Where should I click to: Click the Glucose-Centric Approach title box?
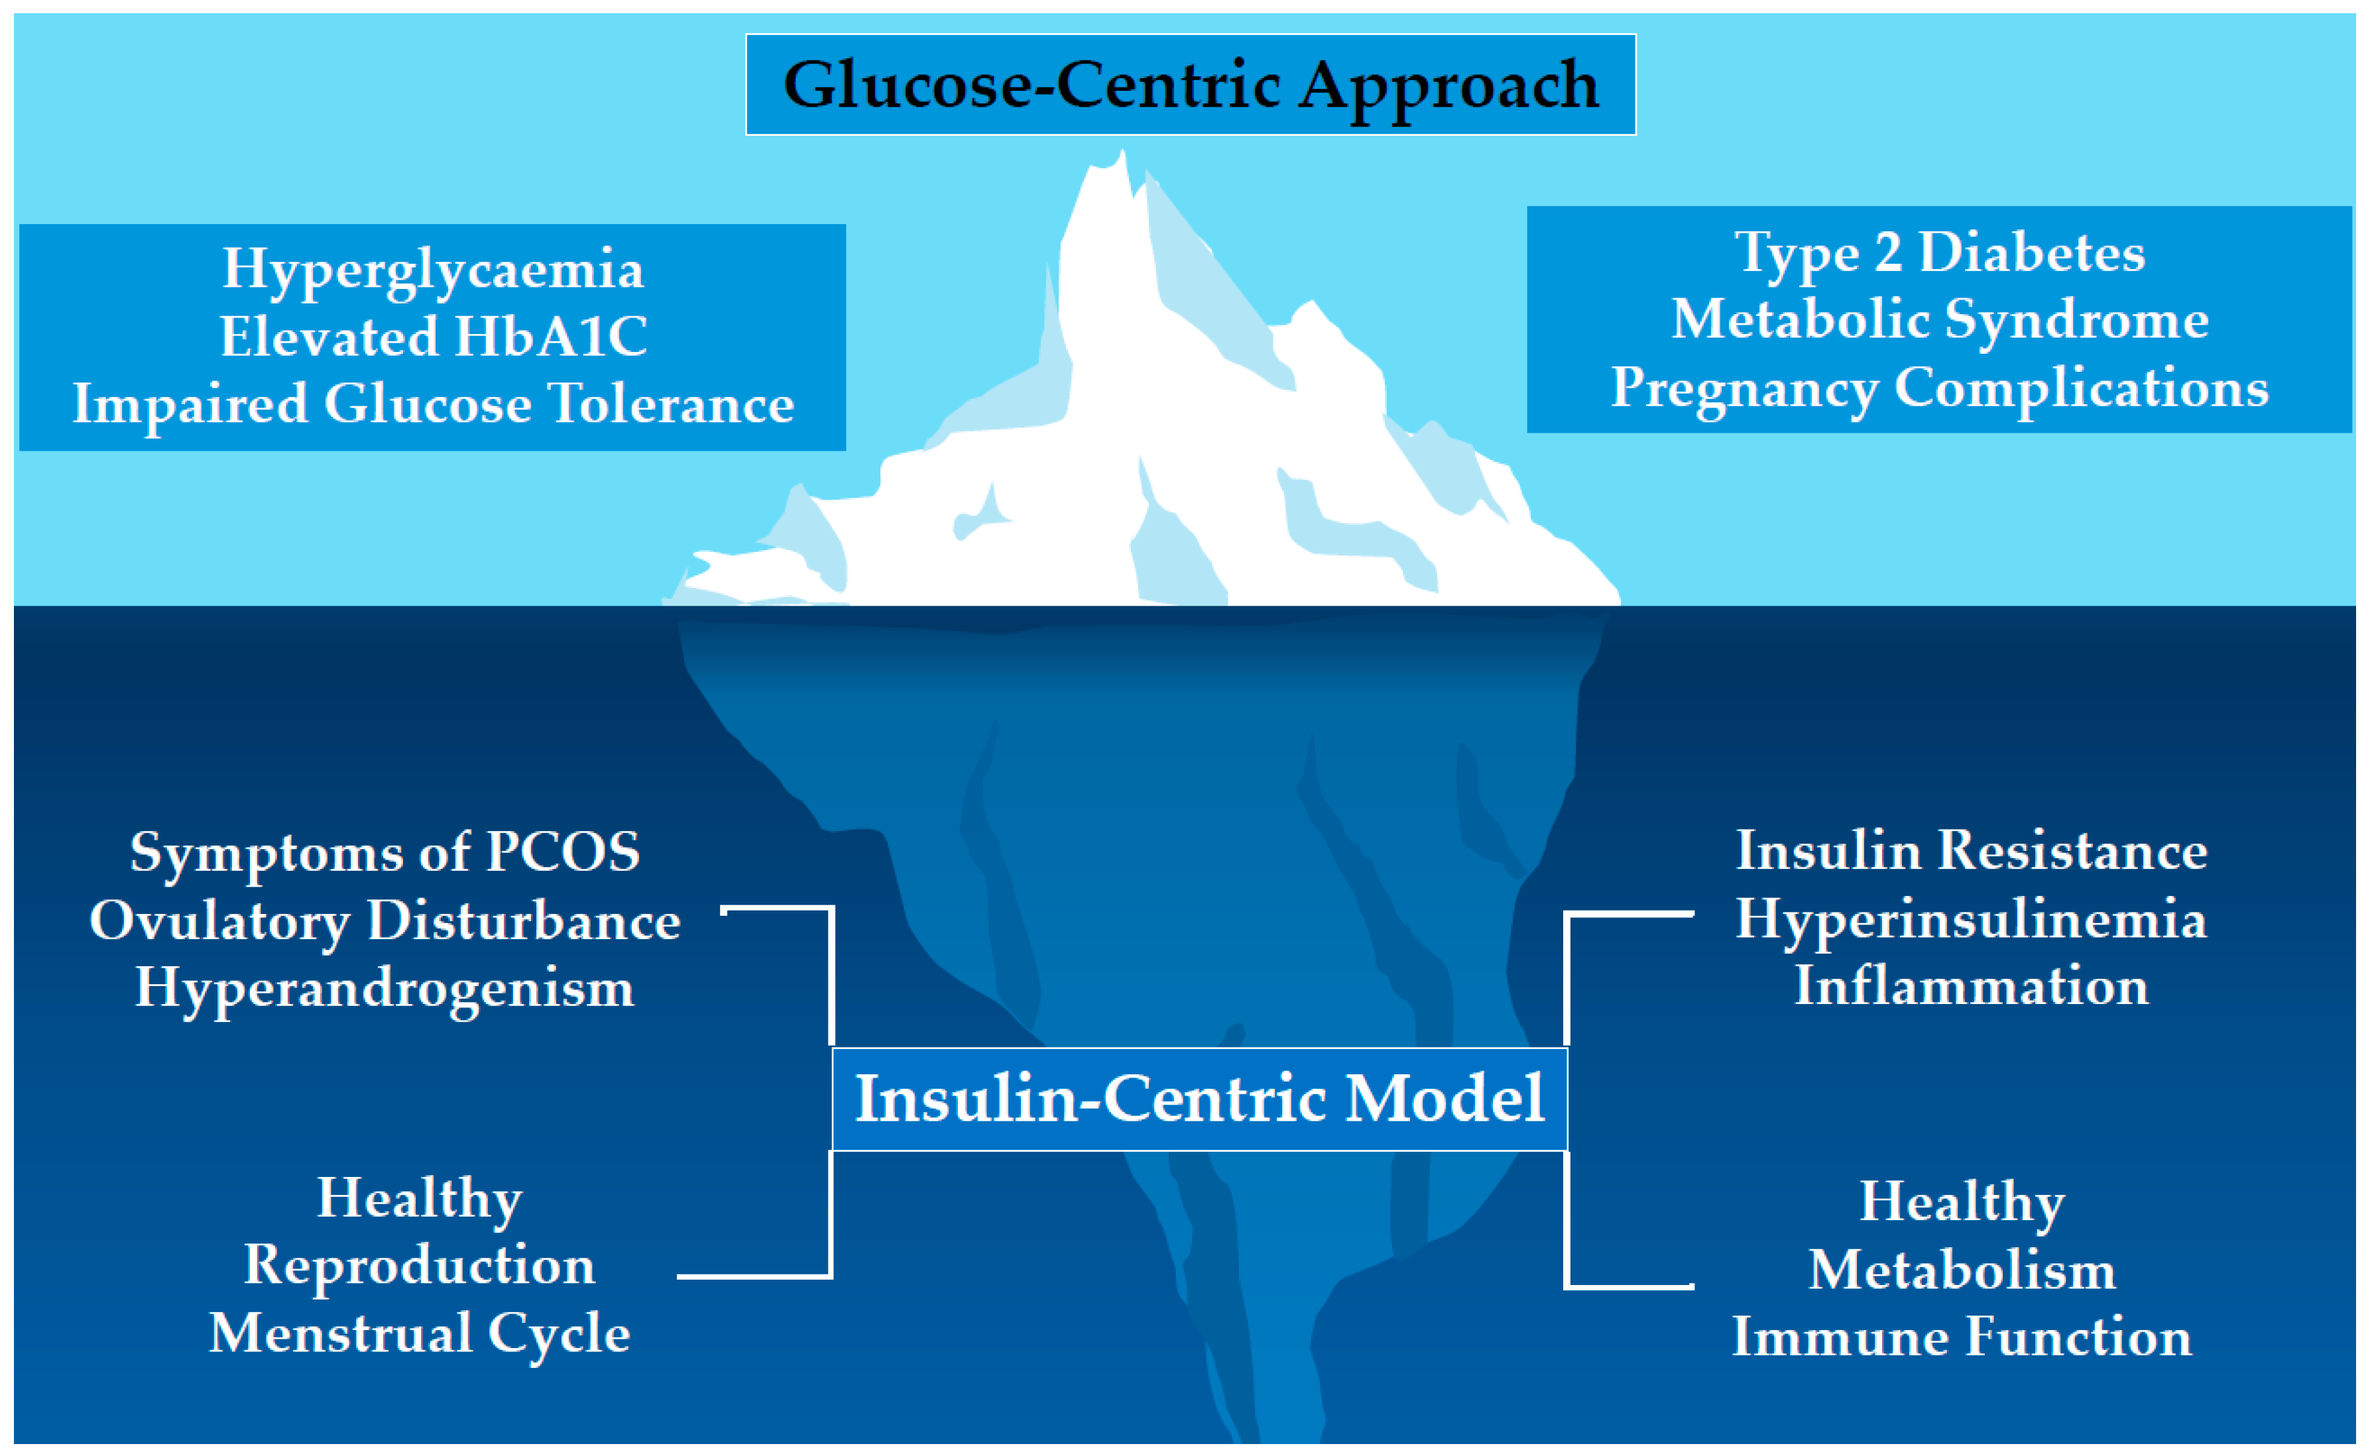click(x=1190, y=85)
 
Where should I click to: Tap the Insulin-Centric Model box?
click(x=1200, y=1099)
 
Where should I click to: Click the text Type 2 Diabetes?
click(x=1940, y=253)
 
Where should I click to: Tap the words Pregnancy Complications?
click(x=1940, y=388)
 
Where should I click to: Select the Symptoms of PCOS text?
click(x=385, y=852)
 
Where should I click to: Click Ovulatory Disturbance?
click(x=385, y=921)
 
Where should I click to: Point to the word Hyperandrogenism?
click(x=385, y=989)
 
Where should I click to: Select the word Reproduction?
click(x=420, y=1264)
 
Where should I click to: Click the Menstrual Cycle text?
click(x=420, y=1333)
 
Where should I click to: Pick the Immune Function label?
click(x=1962, y=1337)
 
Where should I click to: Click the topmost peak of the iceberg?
click(x=1121, y=154)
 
